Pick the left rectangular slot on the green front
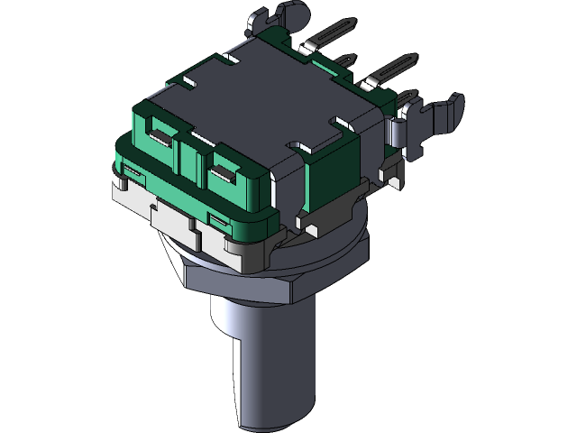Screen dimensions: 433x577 (160, 137)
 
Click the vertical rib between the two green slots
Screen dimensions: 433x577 (191, 158)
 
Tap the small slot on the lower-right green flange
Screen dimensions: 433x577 (219, 218)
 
